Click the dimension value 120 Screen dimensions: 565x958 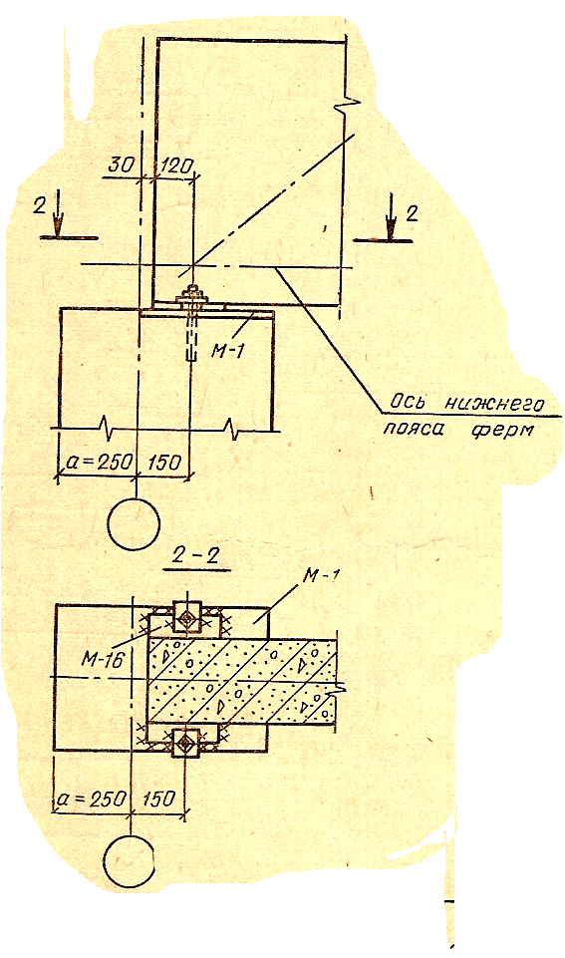[176, 166]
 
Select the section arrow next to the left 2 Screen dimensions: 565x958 [57, 213]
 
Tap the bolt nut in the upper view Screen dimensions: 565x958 [193, 298]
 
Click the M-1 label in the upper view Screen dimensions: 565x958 [226, 351]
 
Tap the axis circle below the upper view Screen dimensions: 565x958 [134, 523]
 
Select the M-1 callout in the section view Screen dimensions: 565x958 [323, 577]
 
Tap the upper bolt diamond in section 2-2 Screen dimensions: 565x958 [185, 618]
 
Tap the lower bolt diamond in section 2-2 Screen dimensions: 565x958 [184, 742]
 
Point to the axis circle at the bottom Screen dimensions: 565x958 [129, 860]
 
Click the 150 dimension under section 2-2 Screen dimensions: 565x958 [158, 799]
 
